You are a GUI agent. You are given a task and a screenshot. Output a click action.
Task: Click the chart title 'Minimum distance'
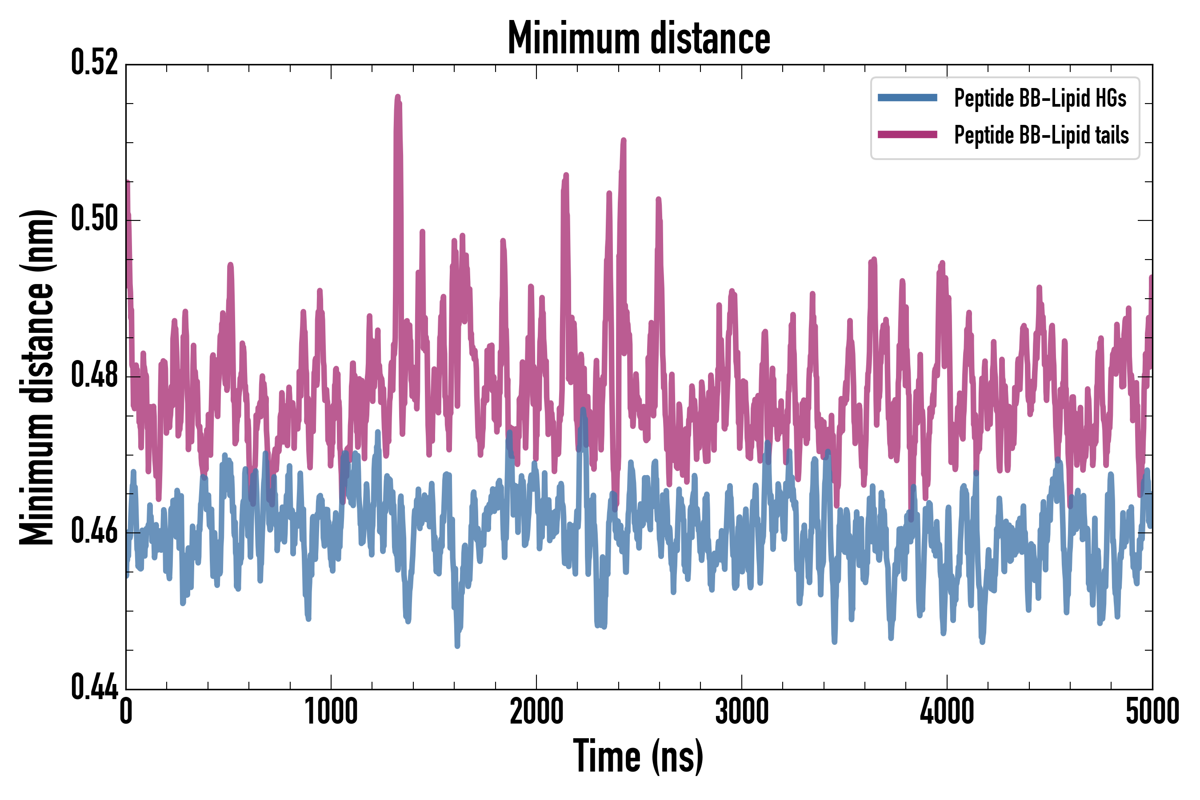(x=639, y=38)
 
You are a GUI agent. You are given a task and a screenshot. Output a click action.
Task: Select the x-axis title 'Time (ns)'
(x=638, y=756)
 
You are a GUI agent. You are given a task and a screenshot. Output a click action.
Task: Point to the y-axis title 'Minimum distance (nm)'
(x=37, y=377)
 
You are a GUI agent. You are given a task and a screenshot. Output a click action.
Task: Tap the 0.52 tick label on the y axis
(x=94, y=63)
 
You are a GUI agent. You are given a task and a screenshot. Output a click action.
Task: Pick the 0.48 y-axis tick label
(x=94, y=375)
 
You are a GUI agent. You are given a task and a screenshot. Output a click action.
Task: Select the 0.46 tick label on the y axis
(x=94, y=531)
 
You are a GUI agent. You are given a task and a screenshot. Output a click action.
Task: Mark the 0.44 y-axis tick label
(x=94, y=687)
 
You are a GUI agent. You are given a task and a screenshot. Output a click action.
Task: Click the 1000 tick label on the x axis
(x=331, y=711)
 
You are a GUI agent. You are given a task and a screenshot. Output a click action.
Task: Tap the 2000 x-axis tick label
(x=536, y=711)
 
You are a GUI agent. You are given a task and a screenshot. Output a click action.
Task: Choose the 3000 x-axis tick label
(x=741, y=711)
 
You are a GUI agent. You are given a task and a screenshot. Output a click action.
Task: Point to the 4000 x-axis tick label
(x=947, y=711)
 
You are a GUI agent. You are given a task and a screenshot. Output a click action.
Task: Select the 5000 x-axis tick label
(x=1152, y=711)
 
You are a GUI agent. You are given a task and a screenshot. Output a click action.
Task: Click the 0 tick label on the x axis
(x=126, y=711)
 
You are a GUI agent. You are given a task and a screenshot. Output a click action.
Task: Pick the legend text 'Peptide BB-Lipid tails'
(x=1041, y=135)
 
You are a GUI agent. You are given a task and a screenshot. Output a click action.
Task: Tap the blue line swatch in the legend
(x=907, y=98)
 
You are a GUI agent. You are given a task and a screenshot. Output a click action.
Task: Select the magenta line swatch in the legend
(x=907, y=135)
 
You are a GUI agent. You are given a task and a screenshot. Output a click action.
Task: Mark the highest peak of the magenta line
(x=398, y=97)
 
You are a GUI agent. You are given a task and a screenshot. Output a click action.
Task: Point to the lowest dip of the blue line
(x=457, y=646)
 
